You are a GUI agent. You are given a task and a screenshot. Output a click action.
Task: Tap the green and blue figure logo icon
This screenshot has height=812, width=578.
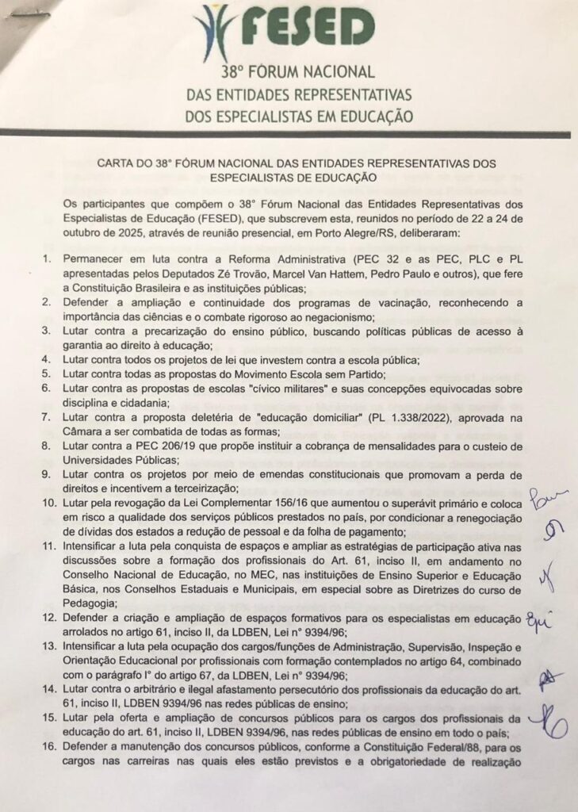tap(218, 29)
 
